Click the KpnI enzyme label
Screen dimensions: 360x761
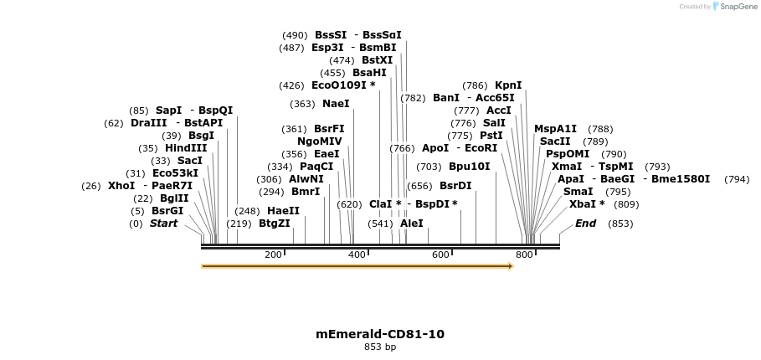[508, 85]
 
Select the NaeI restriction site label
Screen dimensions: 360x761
[336, 104]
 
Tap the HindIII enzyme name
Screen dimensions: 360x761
[186, 148]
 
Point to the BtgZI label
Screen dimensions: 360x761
[275, 224]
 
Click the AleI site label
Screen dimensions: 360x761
[412, 224]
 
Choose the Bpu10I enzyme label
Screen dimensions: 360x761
[470, 167]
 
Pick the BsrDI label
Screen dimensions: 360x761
[455, 186]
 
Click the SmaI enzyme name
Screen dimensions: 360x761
[578, 192]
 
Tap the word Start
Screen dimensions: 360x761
[164, 224]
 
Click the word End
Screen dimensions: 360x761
[586, 224]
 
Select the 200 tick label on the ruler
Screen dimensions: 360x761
[274, 255]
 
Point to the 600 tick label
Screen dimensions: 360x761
[440, 255]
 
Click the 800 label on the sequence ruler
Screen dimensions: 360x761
[524, 255]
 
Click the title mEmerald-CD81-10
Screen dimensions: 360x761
[380, 334]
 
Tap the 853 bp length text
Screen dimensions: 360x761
[380, 347]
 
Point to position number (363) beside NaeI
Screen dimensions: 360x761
[302, 104]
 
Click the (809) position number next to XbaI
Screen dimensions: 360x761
[626, 204]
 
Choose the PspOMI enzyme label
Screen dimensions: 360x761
[568, 154]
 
